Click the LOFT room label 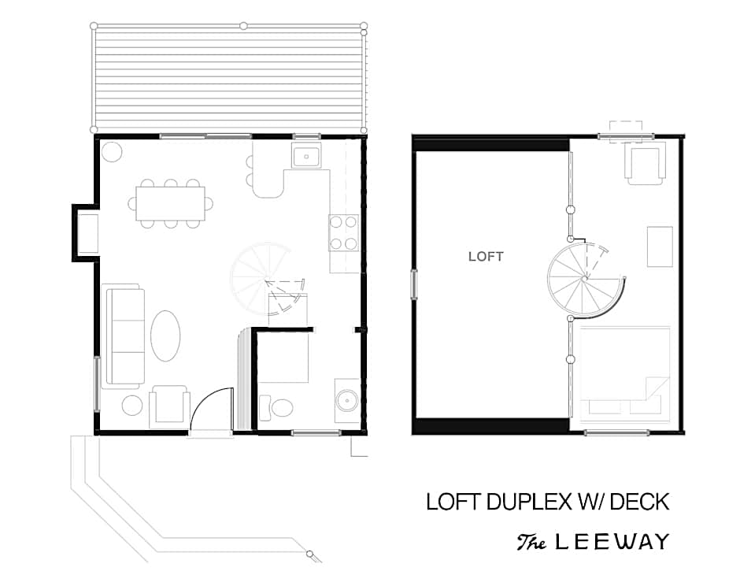pos(486,257)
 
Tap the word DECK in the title pos(639,502)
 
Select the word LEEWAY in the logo pos(612,542)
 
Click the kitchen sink pos(306,156)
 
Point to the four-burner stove pos(343,233)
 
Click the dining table pos(170,203)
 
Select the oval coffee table pos(165,336)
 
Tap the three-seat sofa pos(125,336)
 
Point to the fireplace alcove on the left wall pos(86,233)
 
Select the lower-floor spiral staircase pos(267,284)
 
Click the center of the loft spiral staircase pos(585,279)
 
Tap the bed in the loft pos(624,373)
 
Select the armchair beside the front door pos(169,406)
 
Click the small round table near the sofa pos(132,406)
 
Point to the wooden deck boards pos(229,77)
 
